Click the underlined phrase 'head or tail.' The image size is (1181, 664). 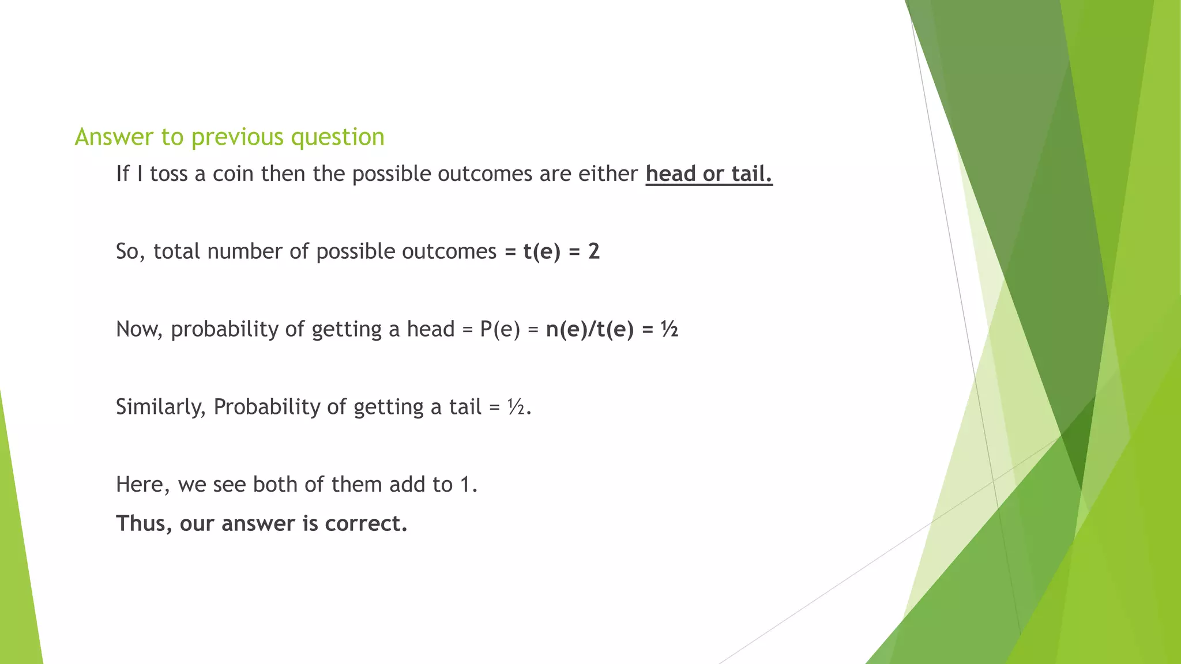coord(709,173)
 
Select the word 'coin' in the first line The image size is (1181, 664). coord(233,173)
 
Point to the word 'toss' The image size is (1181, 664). coord(169,173)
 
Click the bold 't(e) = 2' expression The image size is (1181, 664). coord(561,251)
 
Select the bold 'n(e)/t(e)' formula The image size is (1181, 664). coord(589,329)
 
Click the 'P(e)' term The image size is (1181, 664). coord(500,329)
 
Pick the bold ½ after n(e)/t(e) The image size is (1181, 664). coord(670,329)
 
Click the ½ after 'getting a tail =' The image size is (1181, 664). coord(516,407)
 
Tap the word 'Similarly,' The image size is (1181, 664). coord(160,407)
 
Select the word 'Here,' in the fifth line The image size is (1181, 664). coord(142,485)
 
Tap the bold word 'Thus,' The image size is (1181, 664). coord(144,523)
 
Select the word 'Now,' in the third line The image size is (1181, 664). coord(140,329)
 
